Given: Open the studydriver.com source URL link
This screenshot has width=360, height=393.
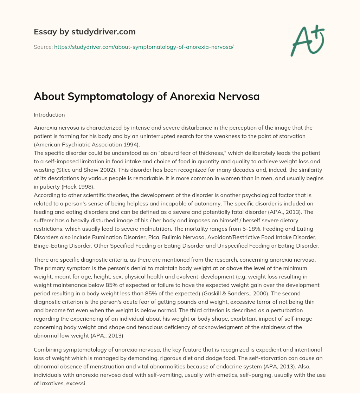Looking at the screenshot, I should (144, 47).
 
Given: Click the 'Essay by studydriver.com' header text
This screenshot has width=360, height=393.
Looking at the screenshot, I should (85, 32).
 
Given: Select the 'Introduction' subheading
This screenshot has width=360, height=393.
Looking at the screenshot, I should (50, 114).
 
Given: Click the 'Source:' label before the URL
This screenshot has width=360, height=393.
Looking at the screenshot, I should (43, 47).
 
